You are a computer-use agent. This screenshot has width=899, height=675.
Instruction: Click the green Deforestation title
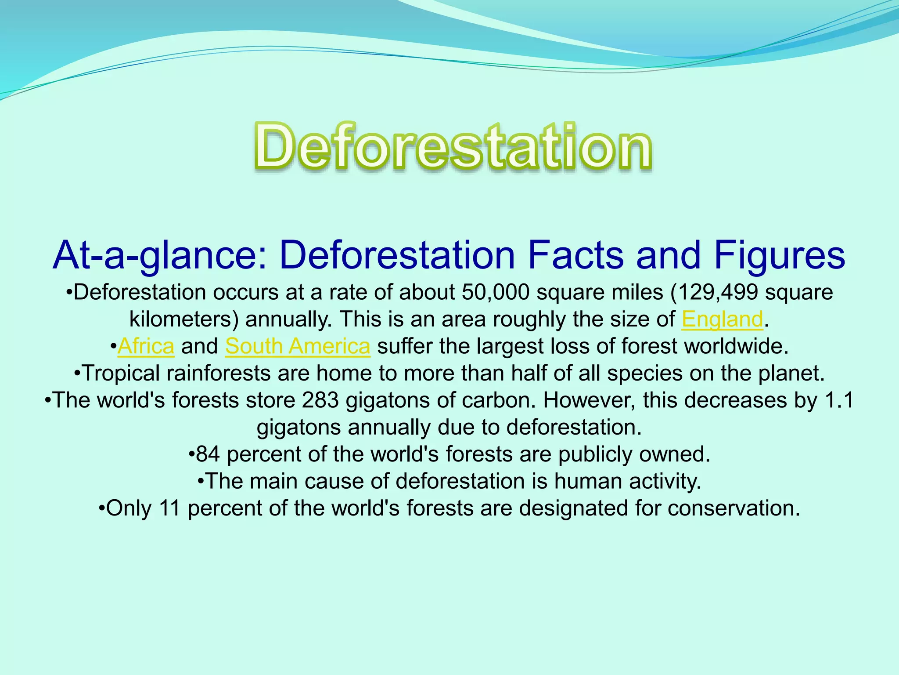tap(453, 147)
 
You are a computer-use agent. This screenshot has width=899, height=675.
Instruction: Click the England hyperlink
tap(722, 319)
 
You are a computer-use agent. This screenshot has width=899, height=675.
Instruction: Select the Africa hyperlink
tap(146, 346)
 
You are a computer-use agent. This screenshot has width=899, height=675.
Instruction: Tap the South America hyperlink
tap(298, 346)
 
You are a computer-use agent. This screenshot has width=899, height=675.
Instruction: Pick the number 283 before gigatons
tap(320, 400)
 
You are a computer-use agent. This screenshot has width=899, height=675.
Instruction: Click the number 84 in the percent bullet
tap(208, 454)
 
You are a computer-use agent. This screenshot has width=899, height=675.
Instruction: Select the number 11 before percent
tap(170, 508)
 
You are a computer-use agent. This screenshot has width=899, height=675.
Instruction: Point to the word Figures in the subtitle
tap(779, 256)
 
